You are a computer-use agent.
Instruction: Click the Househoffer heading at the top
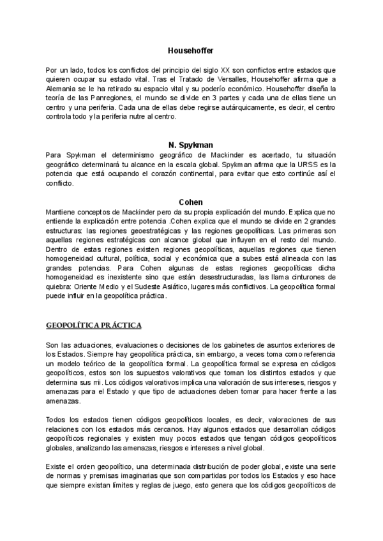click(x=191, y=50)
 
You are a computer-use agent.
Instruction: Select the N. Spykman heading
click(x=191, y=145)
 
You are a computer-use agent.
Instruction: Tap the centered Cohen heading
click(x=191, y=202)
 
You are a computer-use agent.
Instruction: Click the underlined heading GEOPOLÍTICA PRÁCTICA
click(x=93, y=325)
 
